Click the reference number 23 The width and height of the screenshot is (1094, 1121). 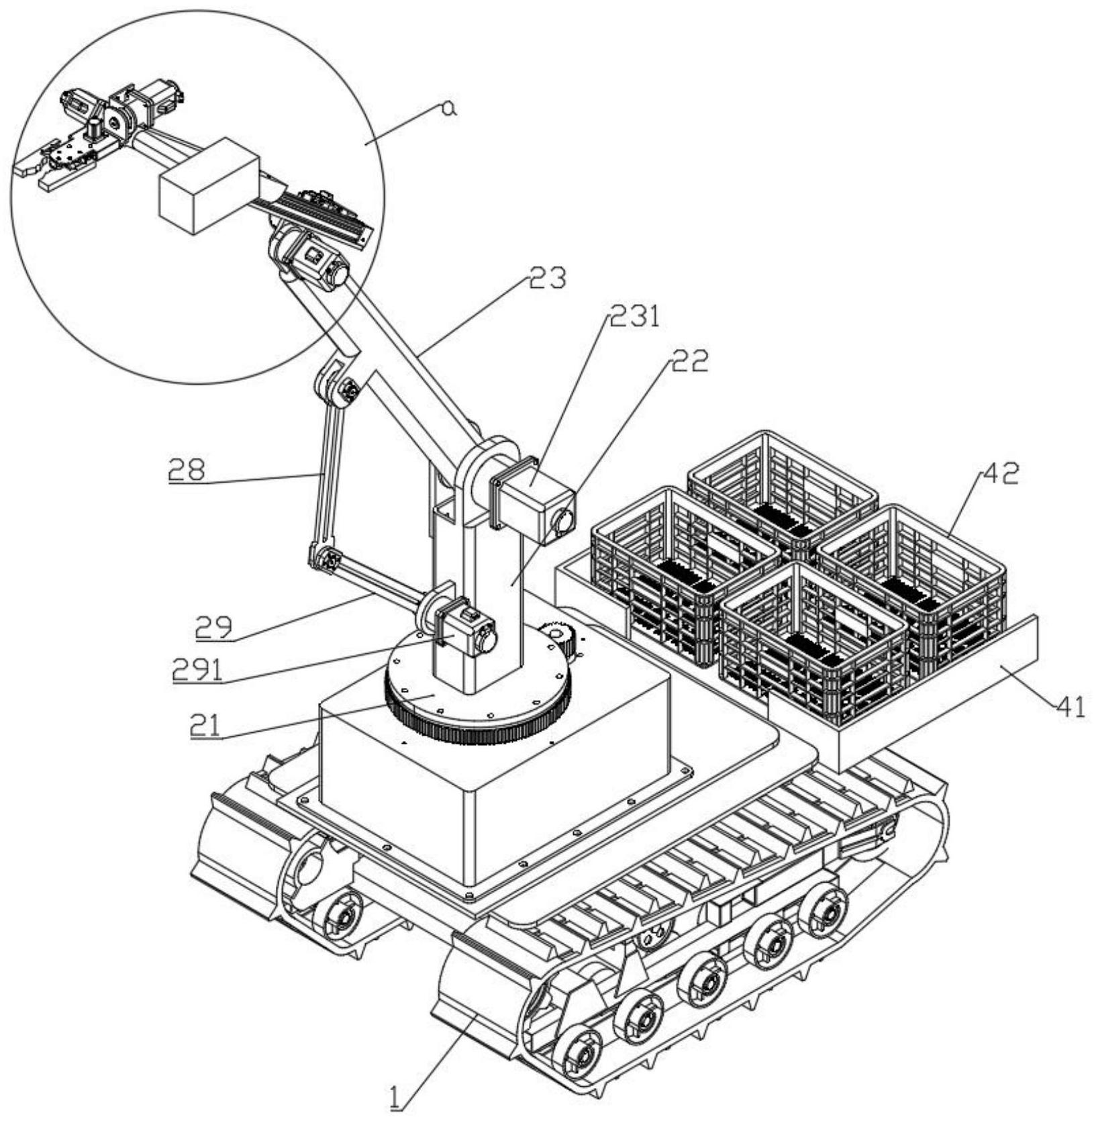[547, 277]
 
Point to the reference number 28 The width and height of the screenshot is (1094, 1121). [187, 470]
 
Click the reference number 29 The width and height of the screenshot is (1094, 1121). [213, 627]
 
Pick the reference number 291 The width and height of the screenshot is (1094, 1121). [197, 669]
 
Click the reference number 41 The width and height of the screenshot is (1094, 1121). [1070, 706]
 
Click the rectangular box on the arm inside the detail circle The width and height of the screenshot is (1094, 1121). [207, 185]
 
